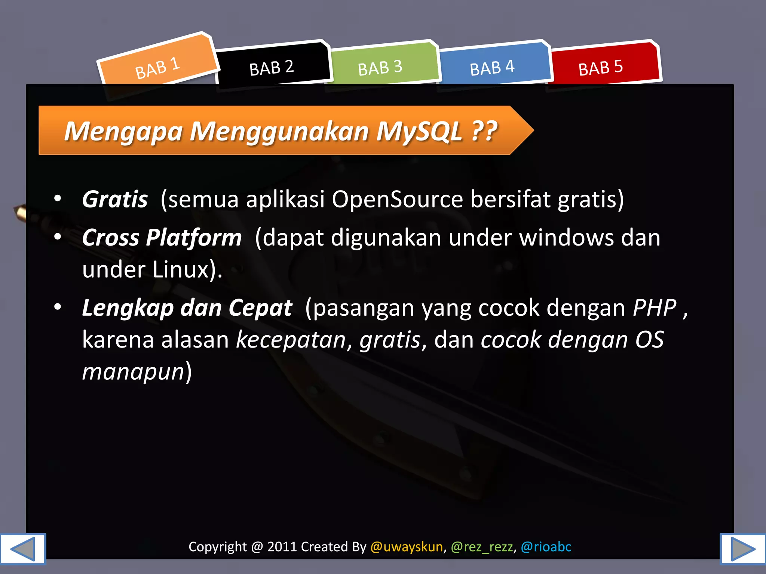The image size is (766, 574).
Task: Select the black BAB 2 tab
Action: (x=272, y=68)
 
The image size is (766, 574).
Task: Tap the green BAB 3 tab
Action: (x=380, y=68)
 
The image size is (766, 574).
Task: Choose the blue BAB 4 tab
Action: (x=492, y=68)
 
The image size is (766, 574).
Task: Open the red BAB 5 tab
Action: (x=600, y=68)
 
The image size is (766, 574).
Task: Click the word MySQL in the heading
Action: (x=419, y=131)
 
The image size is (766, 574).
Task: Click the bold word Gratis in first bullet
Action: (x=115, y=199)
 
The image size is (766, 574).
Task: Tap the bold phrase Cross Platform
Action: (x=162, y=237)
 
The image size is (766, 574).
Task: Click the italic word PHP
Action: (x=655, y=308)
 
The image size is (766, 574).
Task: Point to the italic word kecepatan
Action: (x=291, y=340)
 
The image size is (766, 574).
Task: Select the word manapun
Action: (x=133, y=371)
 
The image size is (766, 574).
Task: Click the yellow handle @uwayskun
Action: (x=407, y=547)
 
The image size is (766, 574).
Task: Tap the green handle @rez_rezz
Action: (x=482, y=547)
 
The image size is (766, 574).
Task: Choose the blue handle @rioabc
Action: (x=546, y=547)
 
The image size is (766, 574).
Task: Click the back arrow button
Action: (x=23, y=549)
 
